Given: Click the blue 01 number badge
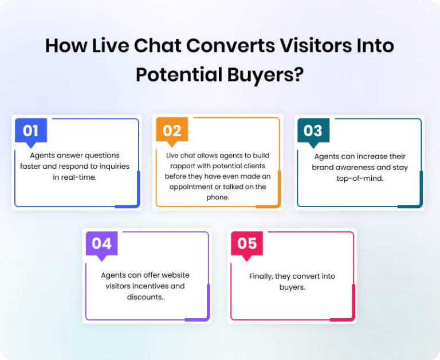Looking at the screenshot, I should click(x=31, y=130).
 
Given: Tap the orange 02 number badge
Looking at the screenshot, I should click(x=172, y=130).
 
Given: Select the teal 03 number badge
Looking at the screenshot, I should click(x=313, y=130).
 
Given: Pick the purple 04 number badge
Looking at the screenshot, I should click(x=101, y=244).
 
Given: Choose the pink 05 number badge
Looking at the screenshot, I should click(x=247, y=244).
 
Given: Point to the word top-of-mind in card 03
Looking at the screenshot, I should click(x=359, y=178).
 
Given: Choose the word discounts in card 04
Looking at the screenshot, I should click(x=145, y=297).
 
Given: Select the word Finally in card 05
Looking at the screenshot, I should click(x=261, y=276).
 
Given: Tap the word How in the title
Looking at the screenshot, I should click(x=64, y=46).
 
